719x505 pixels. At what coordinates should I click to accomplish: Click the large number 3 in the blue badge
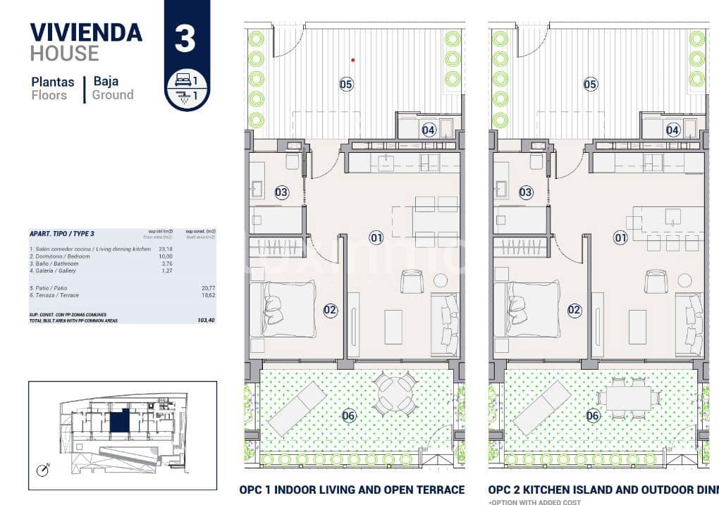(185, 38)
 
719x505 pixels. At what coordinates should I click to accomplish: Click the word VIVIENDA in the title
(86, 32)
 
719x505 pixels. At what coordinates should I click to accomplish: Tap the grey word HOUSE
(64, 53)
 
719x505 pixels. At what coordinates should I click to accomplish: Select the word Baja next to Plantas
(106, 81)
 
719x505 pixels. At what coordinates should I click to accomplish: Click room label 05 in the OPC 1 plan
(346, 85)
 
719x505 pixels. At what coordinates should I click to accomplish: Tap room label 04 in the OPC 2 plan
(672, 130)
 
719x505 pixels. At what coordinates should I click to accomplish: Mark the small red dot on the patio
(353, 60)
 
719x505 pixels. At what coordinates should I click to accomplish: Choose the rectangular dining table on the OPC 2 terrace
(629, 399)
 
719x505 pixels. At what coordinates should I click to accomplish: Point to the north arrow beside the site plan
(44, 467)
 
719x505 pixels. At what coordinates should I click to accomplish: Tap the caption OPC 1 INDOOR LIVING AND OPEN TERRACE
(352, 490)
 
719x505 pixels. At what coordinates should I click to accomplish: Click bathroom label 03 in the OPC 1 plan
(282, 192)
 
